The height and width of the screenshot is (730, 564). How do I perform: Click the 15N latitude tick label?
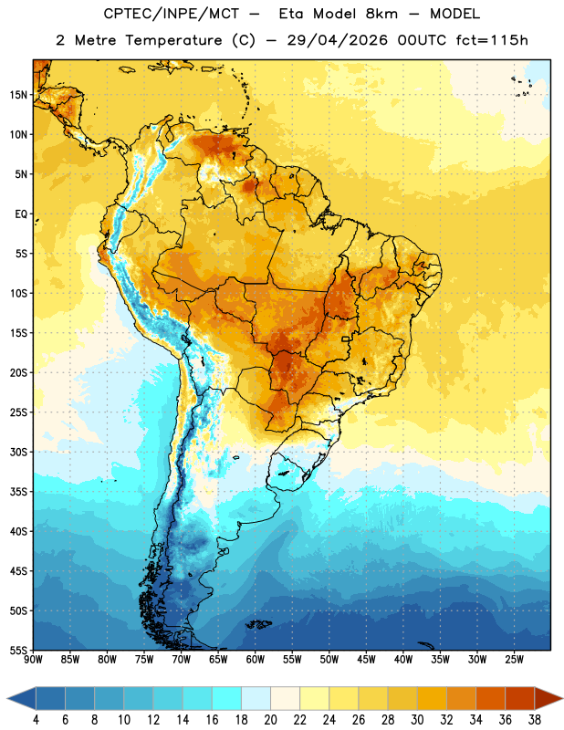point(18,95)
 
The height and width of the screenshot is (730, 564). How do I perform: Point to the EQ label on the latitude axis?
point(21,214)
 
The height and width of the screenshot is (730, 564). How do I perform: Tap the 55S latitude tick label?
point(18,650)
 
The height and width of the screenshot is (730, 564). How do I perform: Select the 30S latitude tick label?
point(18,452)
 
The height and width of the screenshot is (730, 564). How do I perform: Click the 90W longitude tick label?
point(33,659)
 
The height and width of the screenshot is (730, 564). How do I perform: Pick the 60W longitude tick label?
point(256,659)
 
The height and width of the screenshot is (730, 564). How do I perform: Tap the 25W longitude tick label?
point(514,659)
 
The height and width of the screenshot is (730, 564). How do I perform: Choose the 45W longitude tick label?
point(366,659)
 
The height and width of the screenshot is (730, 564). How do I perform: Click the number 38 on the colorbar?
point(534,720)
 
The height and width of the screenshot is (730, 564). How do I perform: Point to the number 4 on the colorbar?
point(36,720)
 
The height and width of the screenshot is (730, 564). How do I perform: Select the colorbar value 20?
point(270,720)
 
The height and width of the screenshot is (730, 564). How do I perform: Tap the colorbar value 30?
point(417,720)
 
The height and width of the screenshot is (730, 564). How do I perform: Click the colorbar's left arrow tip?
point(7,699)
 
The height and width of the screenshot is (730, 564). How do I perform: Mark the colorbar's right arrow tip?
point(562,698)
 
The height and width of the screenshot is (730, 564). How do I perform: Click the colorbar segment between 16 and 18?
point(226,698)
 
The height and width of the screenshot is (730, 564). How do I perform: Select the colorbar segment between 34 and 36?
point(490,698)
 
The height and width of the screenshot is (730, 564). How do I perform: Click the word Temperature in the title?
point(173,40)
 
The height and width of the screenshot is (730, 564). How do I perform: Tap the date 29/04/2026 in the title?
point(337,40)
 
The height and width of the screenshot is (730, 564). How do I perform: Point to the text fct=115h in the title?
point(492,40)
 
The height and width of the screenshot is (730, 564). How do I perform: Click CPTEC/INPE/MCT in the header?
point(172,14)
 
